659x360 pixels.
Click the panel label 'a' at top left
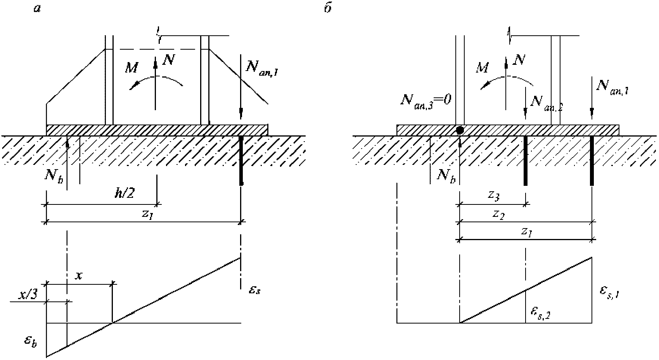pos(37,9)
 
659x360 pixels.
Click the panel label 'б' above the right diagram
pos(328,9)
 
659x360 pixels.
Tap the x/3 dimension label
pos(28,295)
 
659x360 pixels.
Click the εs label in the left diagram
pos(254,290)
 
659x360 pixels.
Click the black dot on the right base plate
pos(460,130)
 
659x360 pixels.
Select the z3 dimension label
pos(493,196)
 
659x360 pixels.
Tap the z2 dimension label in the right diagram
pos(499,215)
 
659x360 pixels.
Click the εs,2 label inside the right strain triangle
pos(541,314)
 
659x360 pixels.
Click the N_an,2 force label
pos(546,103)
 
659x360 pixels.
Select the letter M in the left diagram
pos(131,68)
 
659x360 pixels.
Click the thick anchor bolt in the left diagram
pos(241,161)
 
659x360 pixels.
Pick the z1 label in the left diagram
pos(148,214)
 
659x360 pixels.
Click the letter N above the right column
pos(519,60)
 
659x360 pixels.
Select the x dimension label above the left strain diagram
pos(78,276)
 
